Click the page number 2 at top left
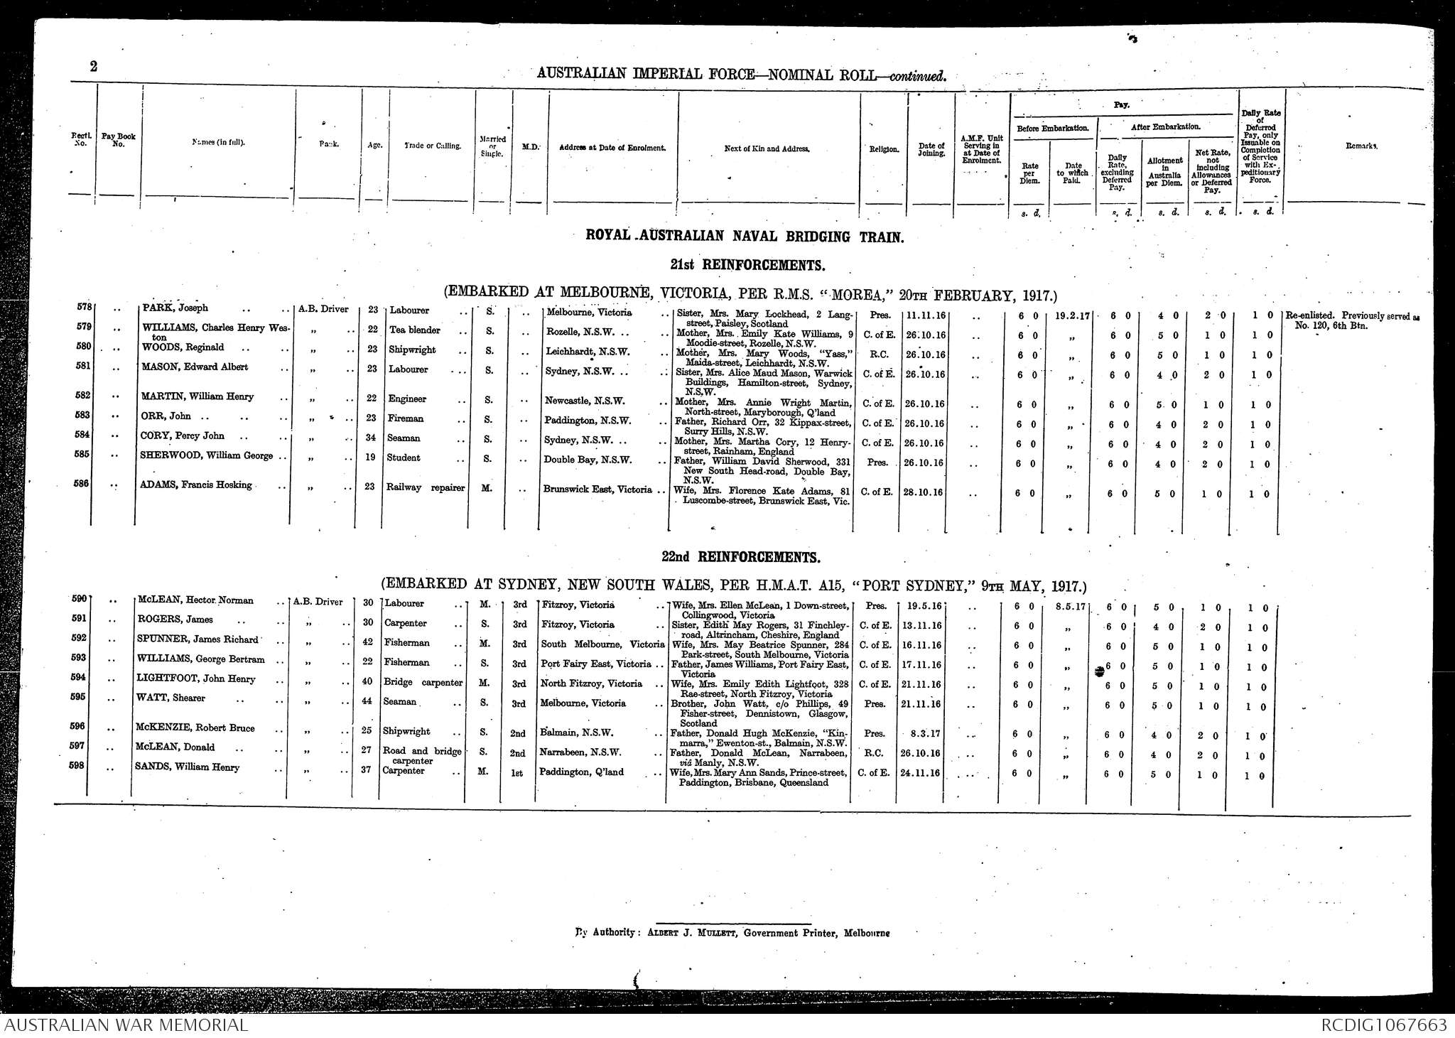point(94,67)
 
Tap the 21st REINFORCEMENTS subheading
point(747,265)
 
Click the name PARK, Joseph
point(175,308)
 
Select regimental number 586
point(82,484)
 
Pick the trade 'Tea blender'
point(415,330)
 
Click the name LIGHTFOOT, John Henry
point(196,679)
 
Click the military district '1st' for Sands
point(517,772)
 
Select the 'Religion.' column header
point(884,150)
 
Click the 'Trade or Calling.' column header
point(432,146)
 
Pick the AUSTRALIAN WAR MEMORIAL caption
point(126,1025)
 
